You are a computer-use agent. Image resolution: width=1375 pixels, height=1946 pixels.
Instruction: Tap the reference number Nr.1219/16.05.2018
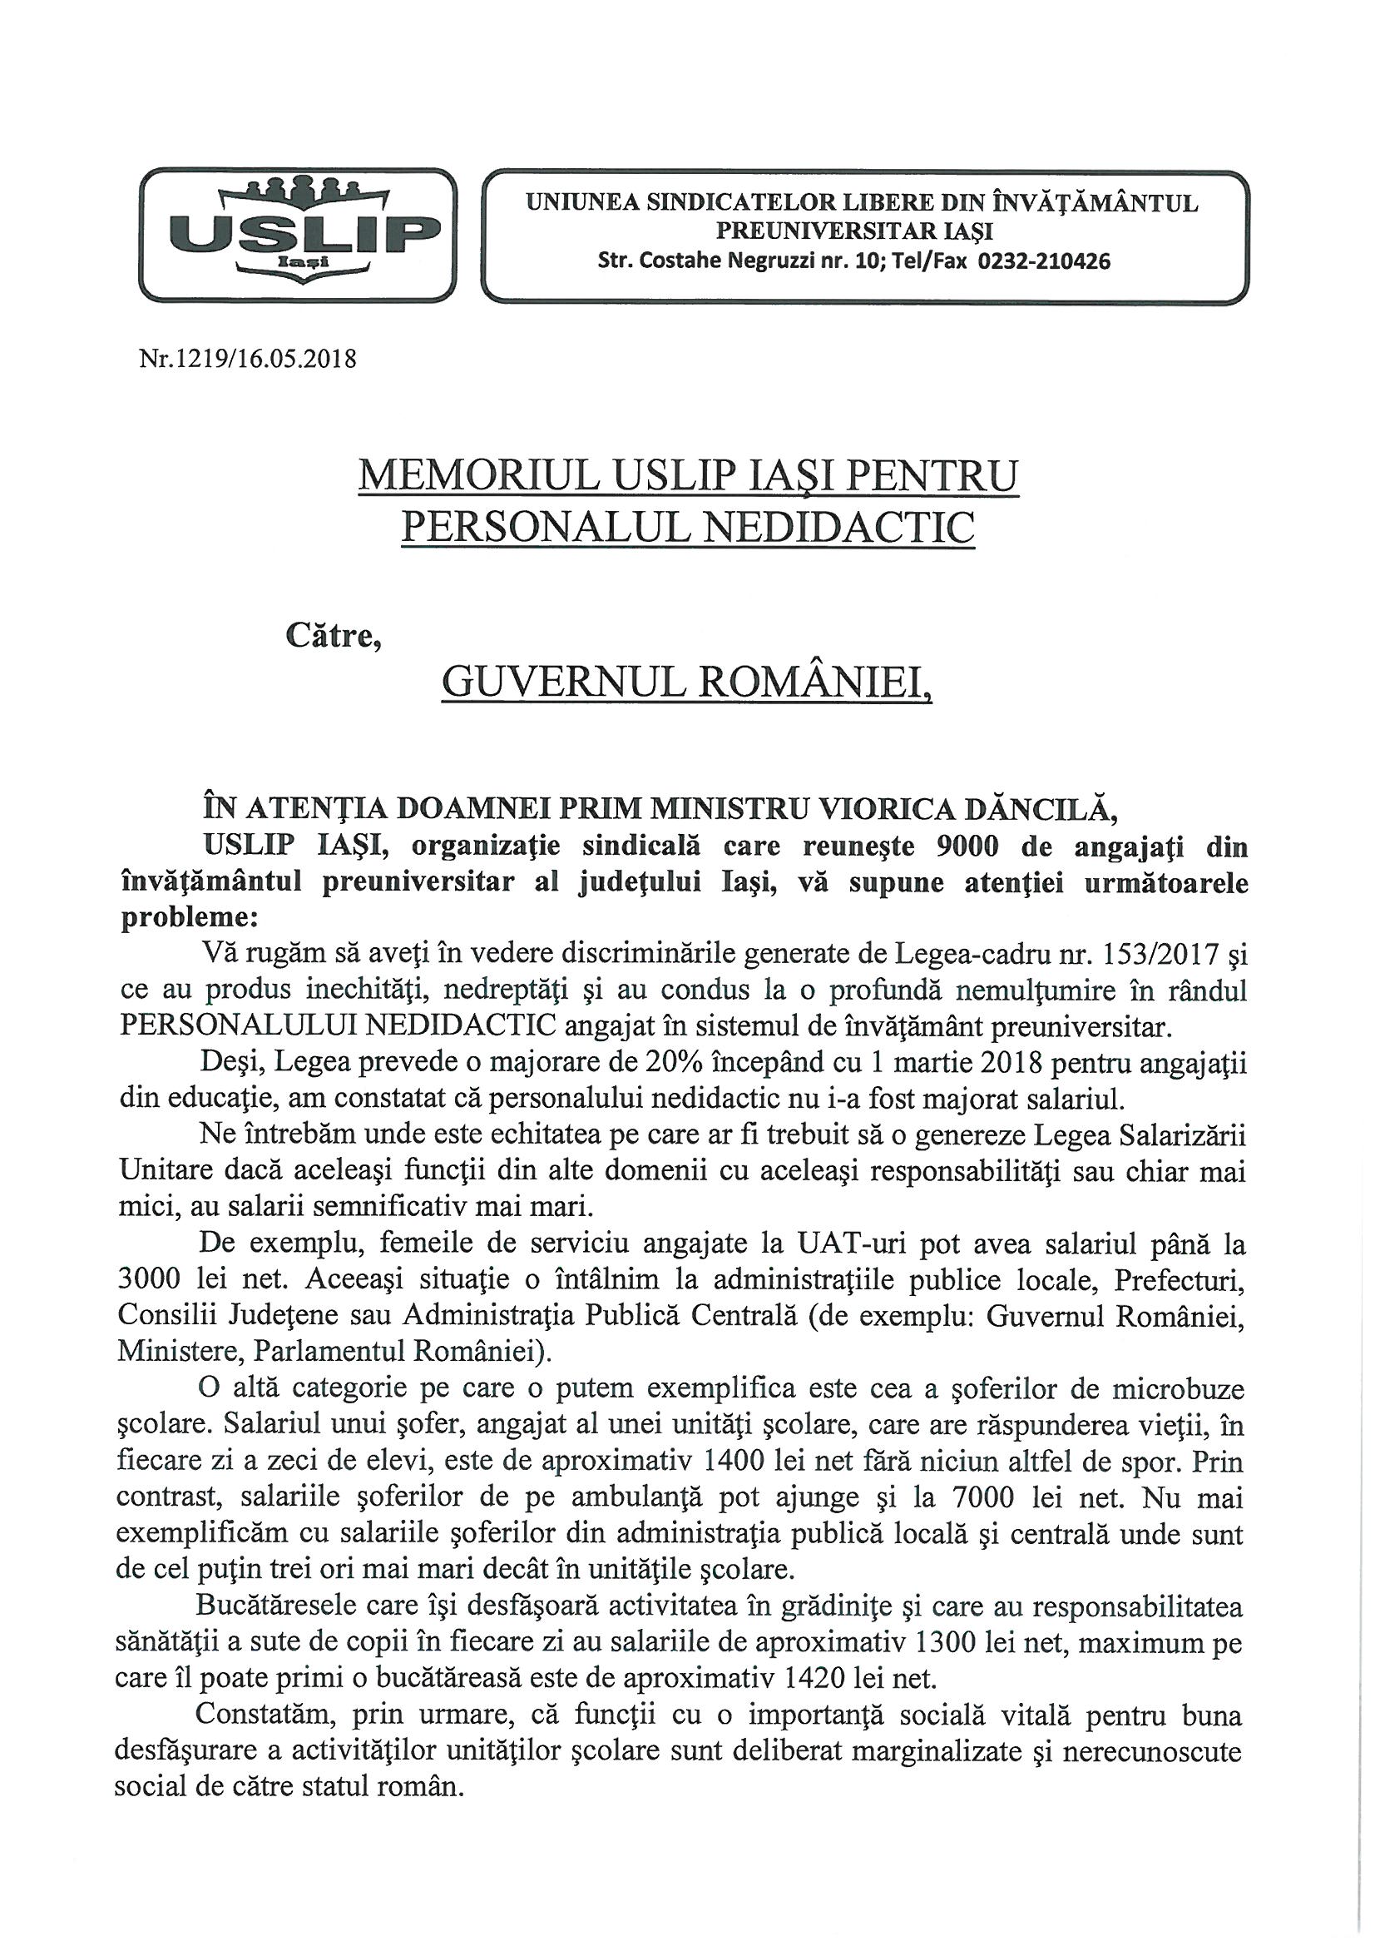click(x=247, y=360)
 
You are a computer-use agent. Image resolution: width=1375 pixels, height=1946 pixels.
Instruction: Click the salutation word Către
click(x=333, y=637)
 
